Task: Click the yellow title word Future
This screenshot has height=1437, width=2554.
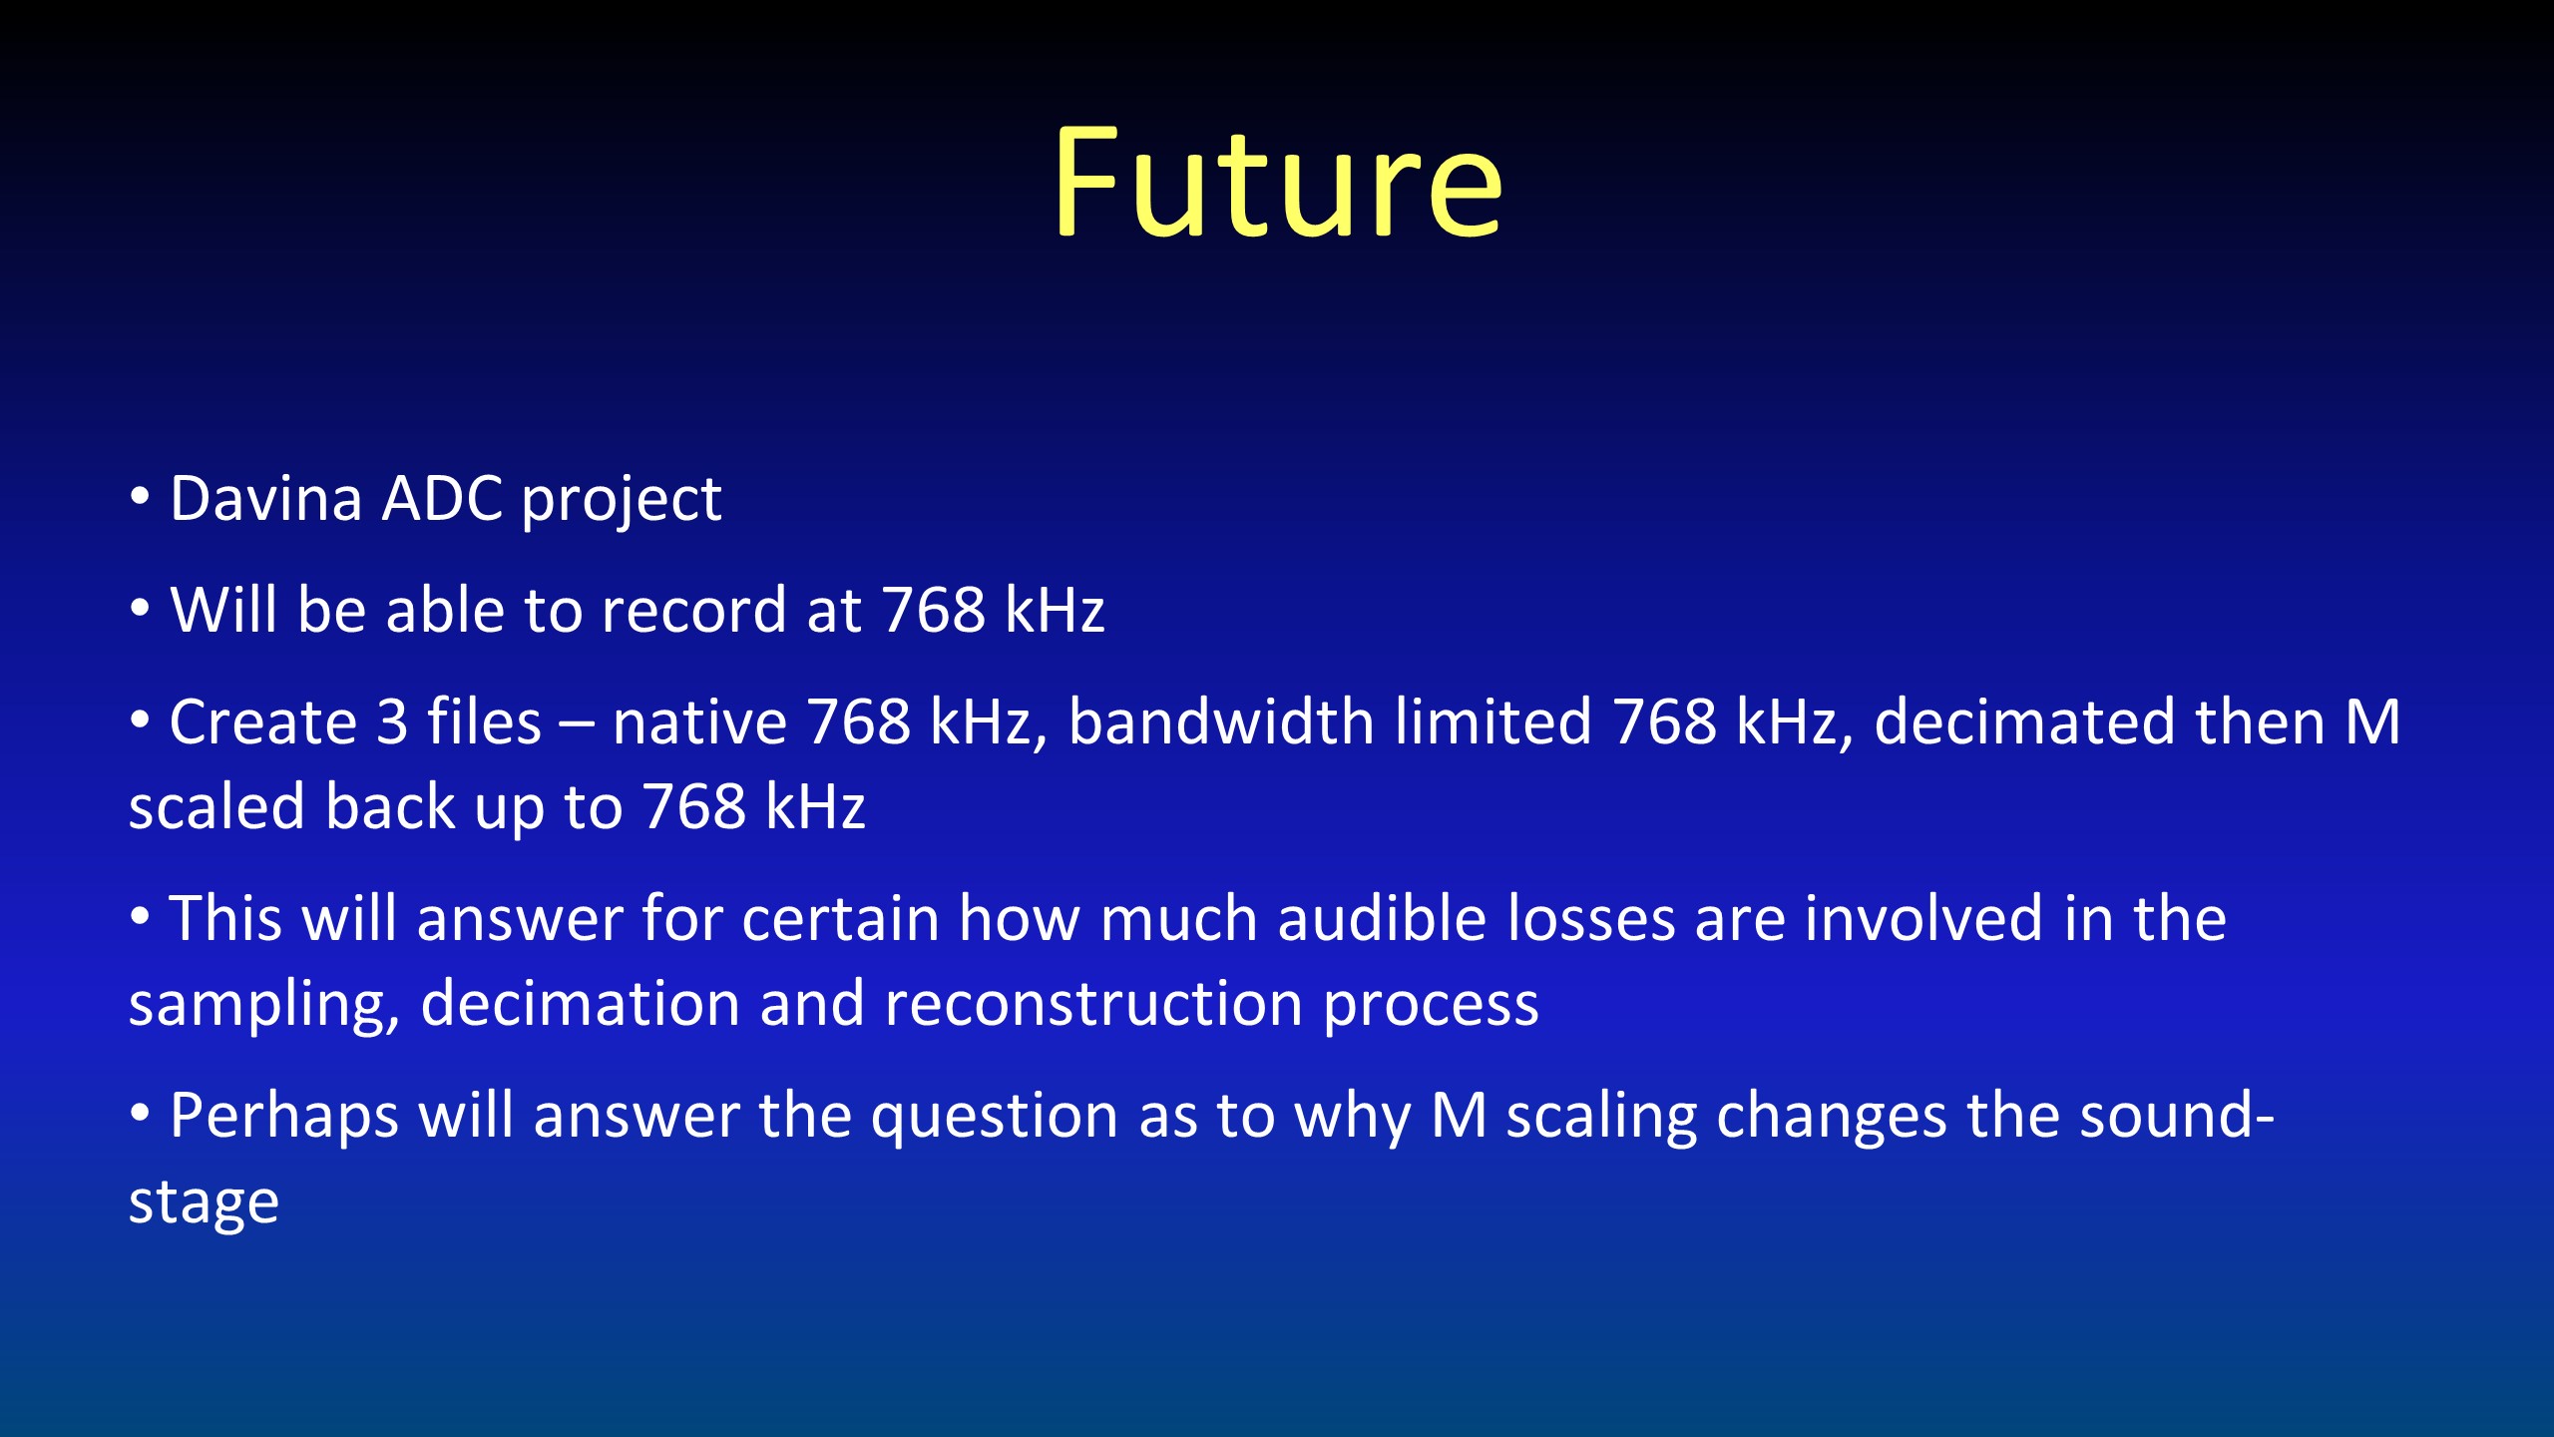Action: (1277, 183)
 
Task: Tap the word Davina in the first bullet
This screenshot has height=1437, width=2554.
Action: (265, 498)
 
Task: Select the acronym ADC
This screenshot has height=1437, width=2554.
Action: (442, 498)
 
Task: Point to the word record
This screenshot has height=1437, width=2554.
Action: (693, 609)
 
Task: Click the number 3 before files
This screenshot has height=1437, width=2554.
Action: (392, 721)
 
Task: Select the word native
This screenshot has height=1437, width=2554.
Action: (699, 721)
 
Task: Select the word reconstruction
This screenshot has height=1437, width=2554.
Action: (1093, 1003)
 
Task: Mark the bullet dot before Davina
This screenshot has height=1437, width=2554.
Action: (140, 495)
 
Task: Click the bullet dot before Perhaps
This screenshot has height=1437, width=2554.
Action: (140, 1111)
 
